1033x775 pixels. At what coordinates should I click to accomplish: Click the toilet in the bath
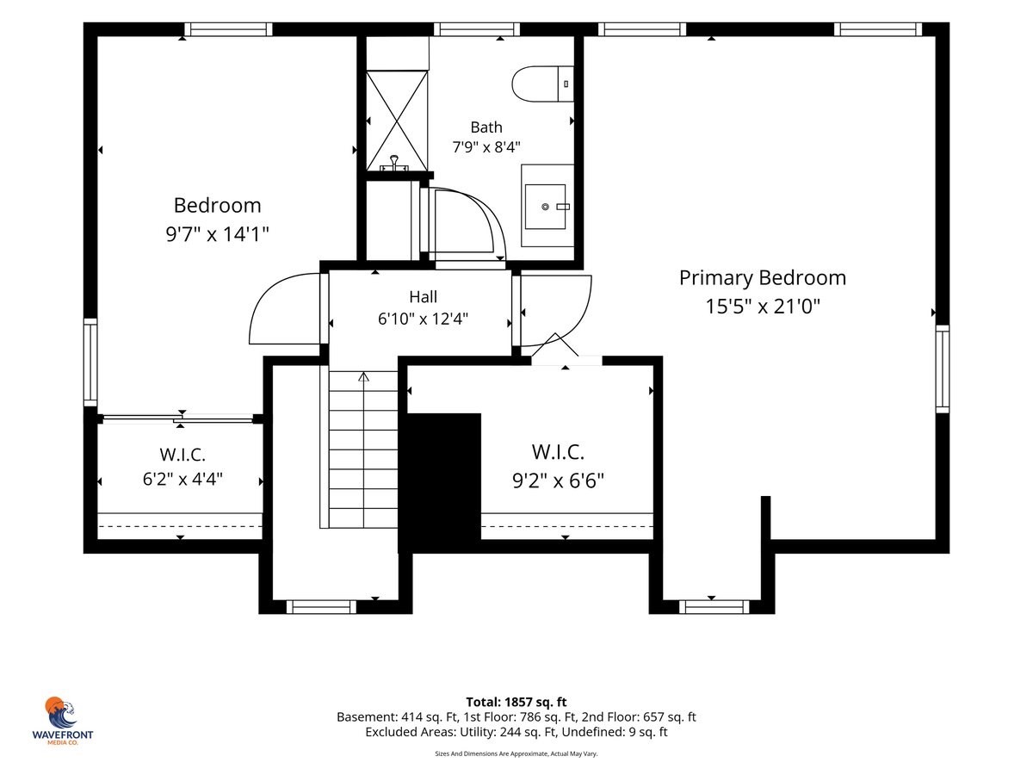point(542,84)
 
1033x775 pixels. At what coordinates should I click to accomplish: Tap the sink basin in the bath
point(545,207)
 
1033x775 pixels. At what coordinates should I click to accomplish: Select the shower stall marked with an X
point(397,121)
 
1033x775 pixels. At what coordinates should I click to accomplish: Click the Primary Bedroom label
point(763,277)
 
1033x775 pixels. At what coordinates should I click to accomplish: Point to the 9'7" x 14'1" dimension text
point(217,234)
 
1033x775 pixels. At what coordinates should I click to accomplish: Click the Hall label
point(423,297)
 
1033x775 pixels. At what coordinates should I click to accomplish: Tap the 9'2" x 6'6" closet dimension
point(558,480)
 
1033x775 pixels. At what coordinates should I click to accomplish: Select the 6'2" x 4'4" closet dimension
point(182,479)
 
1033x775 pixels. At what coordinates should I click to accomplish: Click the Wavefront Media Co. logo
point(62,721)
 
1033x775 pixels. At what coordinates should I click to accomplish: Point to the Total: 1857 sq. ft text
point(516,702)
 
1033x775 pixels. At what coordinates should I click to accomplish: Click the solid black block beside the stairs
point(440,482)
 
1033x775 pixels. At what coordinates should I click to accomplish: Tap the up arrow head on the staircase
point(363,376)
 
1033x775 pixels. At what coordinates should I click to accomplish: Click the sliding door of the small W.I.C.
point(178,418)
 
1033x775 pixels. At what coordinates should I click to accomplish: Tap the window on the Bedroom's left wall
point(90,363)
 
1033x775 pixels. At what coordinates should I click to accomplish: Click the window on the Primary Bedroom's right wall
point(942,369)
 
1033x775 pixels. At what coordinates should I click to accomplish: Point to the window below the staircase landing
point(321,606)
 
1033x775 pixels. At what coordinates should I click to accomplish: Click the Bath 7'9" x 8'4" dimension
point(486,147)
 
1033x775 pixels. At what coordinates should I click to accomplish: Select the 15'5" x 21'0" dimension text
point(763,307)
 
